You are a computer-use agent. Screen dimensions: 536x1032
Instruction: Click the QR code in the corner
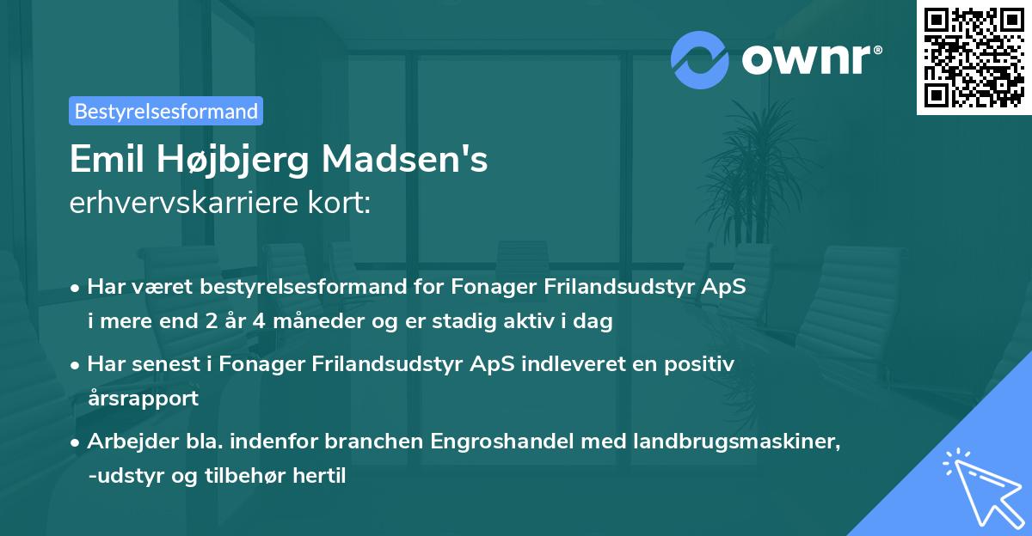[974, 57]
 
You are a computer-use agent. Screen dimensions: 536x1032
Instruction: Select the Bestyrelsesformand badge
[166, 111]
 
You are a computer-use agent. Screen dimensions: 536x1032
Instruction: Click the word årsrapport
[143, 398]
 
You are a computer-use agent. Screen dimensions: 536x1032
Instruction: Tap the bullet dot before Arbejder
[77, 442]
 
